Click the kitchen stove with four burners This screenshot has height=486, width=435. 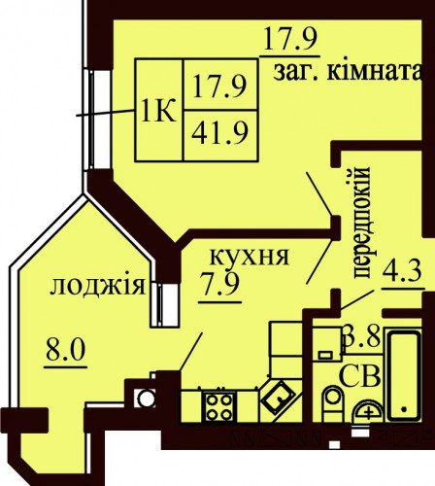coord(219,406)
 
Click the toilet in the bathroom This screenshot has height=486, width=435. coord(332,403)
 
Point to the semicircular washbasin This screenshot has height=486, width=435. coord(368,410)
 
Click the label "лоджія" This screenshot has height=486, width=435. coord(97,286)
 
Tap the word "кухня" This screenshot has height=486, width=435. coord(249,257)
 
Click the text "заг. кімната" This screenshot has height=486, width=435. coord(349,72)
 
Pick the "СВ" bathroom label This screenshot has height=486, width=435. coord(359,376)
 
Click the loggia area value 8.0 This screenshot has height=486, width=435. coord(66,349)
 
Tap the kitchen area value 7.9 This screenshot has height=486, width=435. coord(219,284)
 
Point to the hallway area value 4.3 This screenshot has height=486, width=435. coord(402,271)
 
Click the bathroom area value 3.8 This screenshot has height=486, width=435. coord(363,337)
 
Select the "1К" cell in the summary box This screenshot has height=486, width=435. coord(159,111)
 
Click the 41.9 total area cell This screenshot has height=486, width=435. coord(220,136)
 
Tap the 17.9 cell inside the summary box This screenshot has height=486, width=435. coord(220,85)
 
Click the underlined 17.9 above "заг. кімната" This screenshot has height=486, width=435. coord(289,39)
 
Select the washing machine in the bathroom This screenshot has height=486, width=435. coord(327,343)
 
